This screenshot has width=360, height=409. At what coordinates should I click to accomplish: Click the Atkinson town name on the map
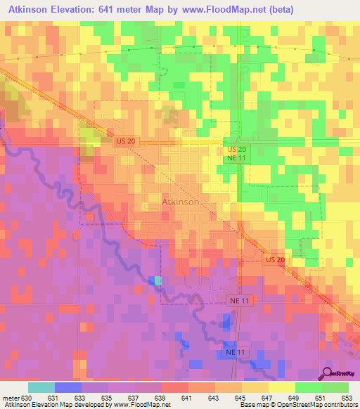coord(181,202)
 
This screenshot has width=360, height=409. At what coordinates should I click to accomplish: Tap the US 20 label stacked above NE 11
coord(236,150)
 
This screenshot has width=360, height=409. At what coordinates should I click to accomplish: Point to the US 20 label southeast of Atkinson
coord(276,260)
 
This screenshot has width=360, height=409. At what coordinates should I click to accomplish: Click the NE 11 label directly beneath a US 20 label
coord(236,160)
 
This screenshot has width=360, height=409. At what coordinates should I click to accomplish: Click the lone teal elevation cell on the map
coord(157,280)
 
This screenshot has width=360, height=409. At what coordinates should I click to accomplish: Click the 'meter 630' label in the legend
coord(16,398)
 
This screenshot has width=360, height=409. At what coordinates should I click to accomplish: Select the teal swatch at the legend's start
coord(41,387)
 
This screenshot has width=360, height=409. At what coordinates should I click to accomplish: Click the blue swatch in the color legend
coord(68,387)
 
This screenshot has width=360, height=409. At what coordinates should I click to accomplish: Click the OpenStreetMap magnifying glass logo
coord(326,372)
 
